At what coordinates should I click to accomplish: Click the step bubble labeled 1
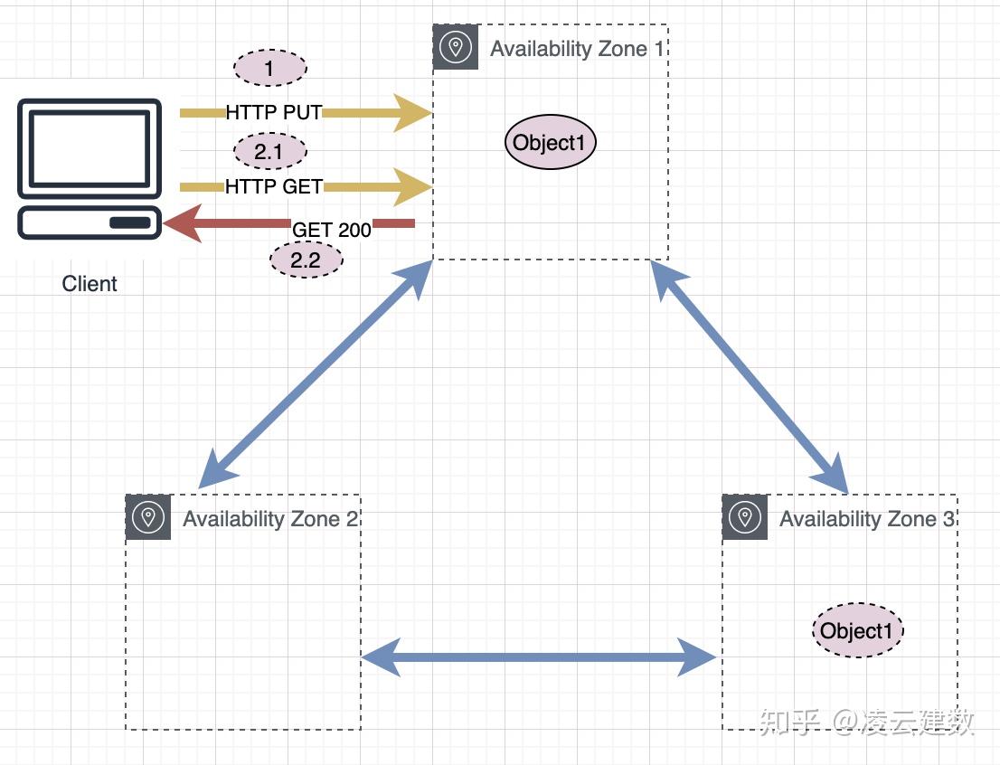[270, 68]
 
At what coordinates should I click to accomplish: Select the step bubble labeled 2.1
[270, 151]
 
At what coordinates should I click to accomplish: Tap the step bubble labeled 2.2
[307, 260]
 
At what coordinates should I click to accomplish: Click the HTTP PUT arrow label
[274, 112]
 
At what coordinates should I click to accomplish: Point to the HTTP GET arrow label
[274, 186]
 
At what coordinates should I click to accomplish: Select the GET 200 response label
[332, 230]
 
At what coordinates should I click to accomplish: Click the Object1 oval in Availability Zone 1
[550, 142]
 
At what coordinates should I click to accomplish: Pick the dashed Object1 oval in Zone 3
[858, 630]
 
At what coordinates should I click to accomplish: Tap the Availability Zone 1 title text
[577, 49]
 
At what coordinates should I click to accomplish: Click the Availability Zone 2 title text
[270, 519]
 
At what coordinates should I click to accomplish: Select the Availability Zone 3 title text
[867, 519]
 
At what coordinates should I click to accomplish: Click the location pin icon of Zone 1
[456, 47]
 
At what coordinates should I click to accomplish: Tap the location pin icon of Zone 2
[148, 517]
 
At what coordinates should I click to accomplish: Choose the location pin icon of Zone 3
[745, 517]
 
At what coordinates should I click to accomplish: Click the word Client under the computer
[90, 283]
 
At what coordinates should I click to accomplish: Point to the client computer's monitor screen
[90, 148]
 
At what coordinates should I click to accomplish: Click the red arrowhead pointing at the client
[183, 223]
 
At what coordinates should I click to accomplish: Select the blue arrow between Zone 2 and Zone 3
[538, 656]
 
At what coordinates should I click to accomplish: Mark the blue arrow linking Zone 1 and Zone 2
[316, 374]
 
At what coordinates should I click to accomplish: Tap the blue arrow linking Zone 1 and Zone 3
[750, 377]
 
